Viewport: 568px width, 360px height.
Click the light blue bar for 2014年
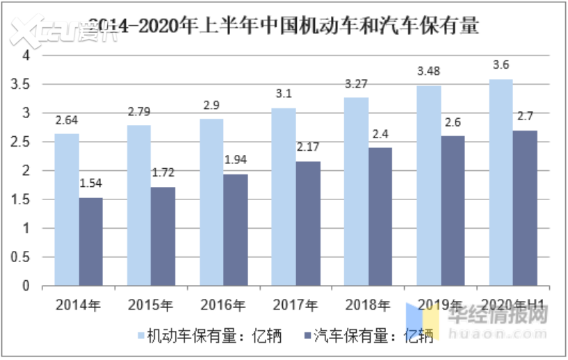tap(67, 209)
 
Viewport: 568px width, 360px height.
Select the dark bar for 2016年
tap(236, 229)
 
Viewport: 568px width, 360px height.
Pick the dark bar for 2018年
tap(380, 216)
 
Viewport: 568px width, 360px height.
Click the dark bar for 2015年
tap(163, 236)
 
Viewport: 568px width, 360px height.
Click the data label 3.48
tap(428, 72)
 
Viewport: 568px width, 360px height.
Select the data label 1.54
tap(91, 183)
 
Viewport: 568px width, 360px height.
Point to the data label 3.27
tap(356, 84)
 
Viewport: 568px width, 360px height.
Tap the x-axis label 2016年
tap(223, 304)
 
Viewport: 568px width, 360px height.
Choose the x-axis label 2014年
tap(79, 304)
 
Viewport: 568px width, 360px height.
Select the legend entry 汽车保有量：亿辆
tap(373, 336)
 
